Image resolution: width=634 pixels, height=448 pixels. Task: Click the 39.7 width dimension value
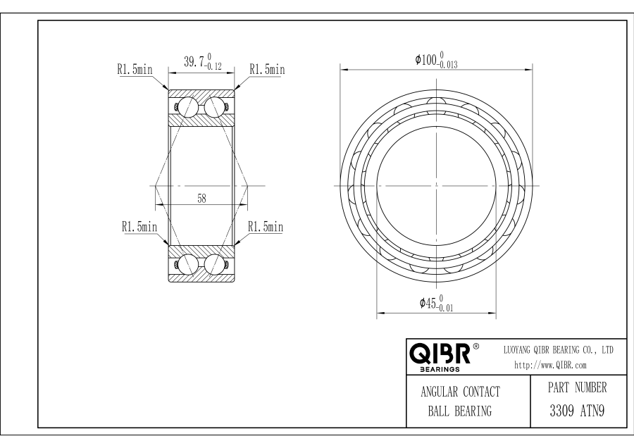click(x=203, y=61)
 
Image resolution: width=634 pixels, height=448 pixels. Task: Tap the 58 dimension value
click(x=201, y=199)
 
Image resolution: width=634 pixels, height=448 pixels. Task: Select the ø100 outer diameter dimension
click(x=436, y=60)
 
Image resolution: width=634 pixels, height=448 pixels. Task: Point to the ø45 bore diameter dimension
click(x=436, y=304)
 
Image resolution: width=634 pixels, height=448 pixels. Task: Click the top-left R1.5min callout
click(x=135, y=70)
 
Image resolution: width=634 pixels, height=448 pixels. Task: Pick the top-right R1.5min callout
click(x=267, y=69)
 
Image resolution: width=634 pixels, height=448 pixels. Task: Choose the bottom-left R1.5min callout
click(x=139, y=226)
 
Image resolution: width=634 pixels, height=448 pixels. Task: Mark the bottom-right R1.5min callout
click(x=266, y=226)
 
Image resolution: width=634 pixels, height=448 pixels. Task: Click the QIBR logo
click(x=444, y=354)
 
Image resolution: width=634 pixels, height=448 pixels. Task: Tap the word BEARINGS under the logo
click(x=440, y=369)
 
